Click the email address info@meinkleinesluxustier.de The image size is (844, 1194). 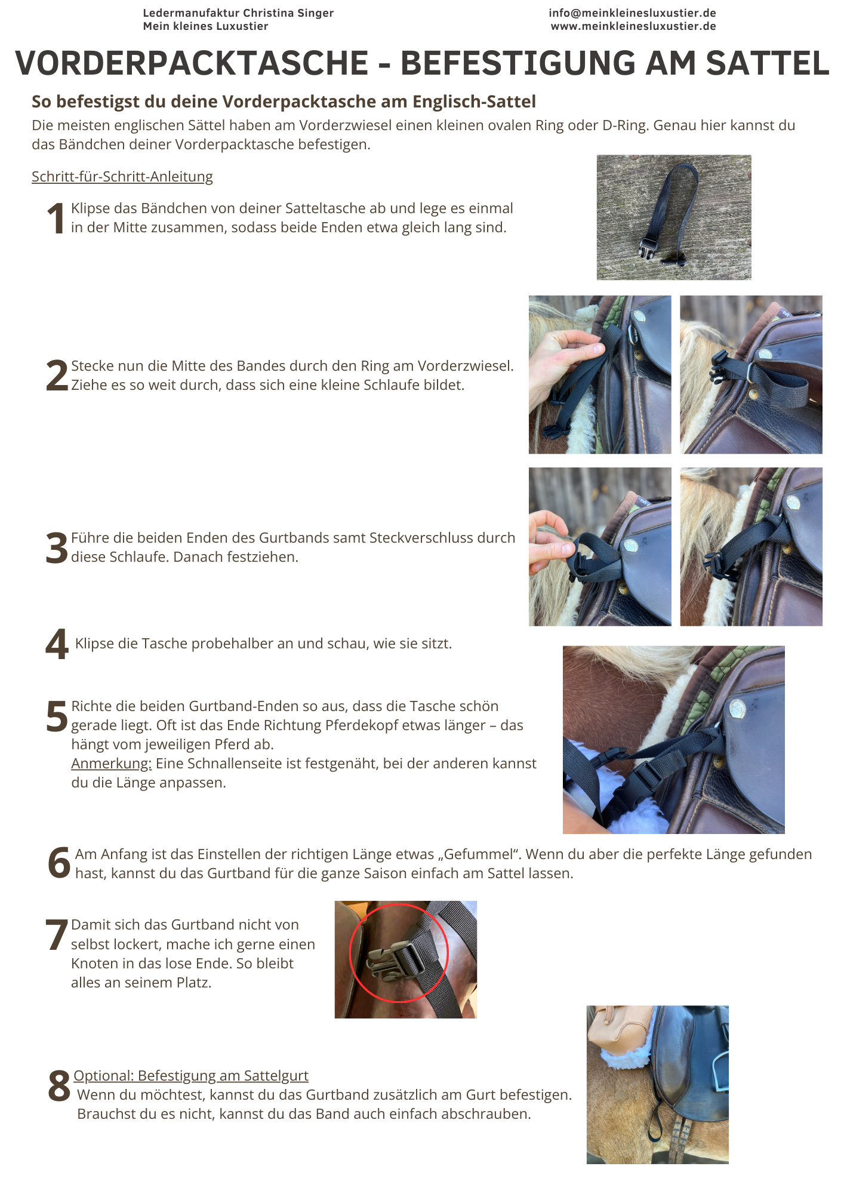632,13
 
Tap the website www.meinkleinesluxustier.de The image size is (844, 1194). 633,26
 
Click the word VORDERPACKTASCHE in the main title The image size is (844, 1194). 192,63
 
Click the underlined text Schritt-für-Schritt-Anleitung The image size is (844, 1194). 122,177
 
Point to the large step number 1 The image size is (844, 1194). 56,219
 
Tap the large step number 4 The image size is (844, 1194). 57,644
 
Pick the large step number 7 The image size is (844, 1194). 57,935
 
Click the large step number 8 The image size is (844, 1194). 59,1085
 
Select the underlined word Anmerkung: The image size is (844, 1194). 112,764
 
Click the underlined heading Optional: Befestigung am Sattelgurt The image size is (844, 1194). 191,1076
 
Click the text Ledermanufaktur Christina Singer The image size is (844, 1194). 238,13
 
